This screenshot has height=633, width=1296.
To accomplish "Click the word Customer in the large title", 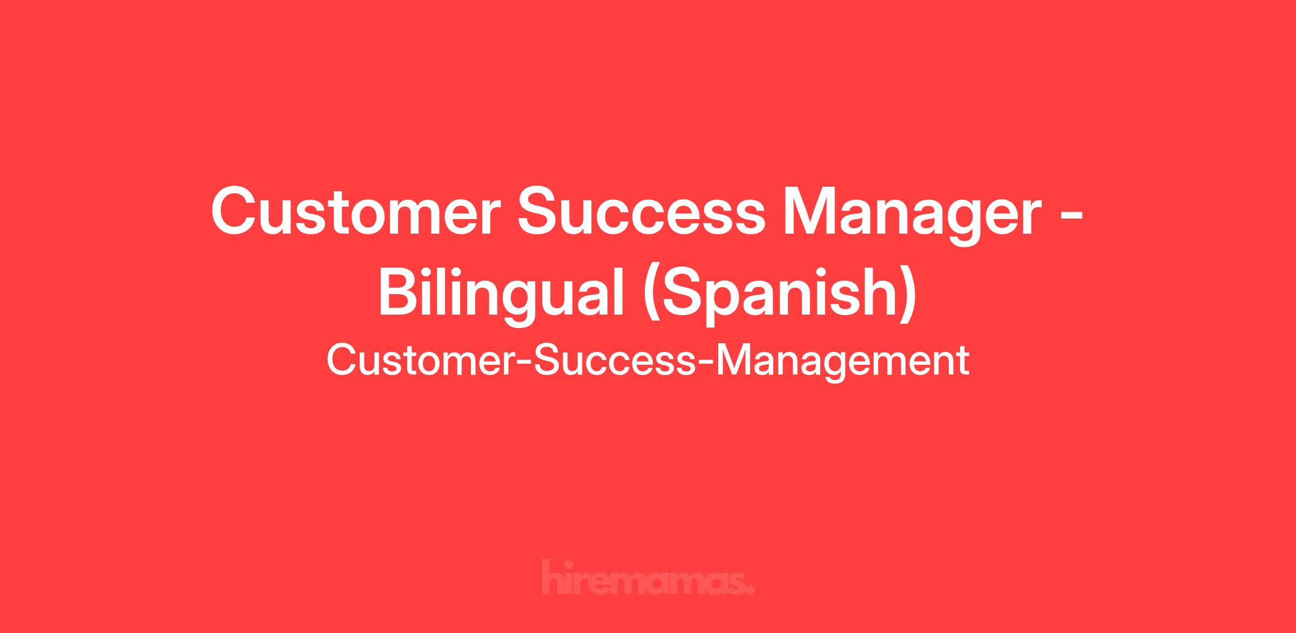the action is tap(352, 211).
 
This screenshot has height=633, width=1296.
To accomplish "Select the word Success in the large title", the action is tap(642, 211).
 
